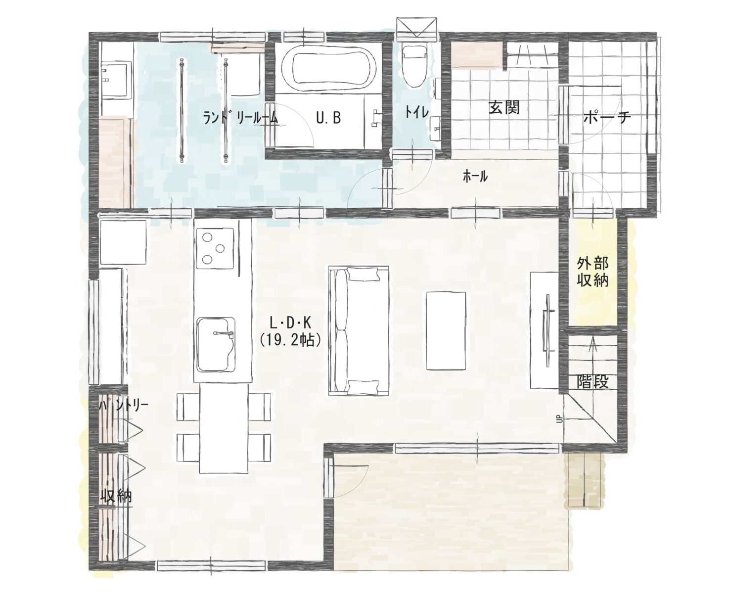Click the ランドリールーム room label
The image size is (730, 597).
[x=240, y=118]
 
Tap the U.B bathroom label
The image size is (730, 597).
[x=328, y=118]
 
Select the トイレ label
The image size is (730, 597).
[x=417, y=112]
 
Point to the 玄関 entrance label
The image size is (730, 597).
[x=504, y=108]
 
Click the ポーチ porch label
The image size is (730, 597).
[x=607, y=118]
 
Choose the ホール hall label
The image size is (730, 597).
[x=475, y=177]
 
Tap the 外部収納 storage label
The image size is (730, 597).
[x=593, y=272]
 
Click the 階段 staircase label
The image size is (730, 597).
[x=593, y=382]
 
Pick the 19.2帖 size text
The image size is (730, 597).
[x=291, y=341]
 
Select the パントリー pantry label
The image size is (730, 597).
[x=124, y=405]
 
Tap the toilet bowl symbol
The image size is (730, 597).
[x=413, y=67]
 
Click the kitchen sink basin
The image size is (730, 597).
[x=216, y=345]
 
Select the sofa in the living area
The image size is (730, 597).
[x=358, y=330]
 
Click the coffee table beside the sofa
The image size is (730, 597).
[x=446, y=330]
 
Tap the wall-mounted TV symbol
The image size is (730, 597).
[x=548, y=328]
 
